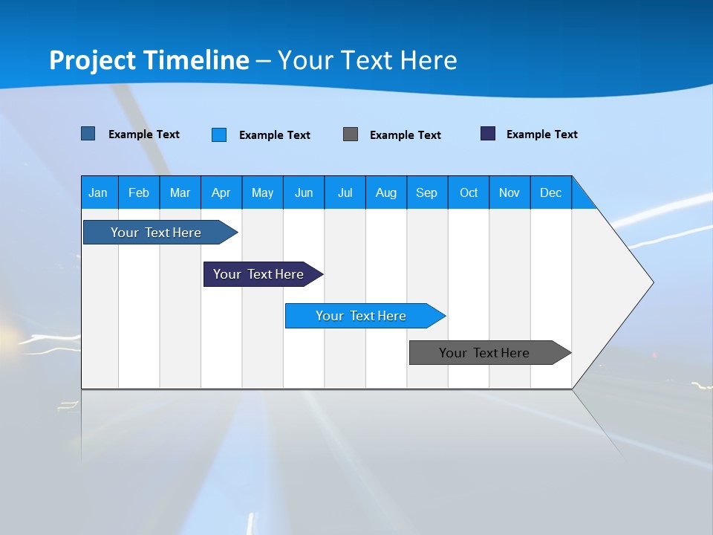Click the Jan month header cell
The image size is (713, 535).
(99, 192)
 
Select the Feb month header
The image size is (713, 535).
(139, 192)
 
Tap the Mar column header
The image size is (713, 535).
(180, 192)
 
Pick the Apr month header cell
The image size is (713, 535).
(221, 192)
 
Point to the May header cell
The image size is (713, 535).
(262, 192)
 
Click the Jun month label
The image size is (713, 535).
(304, 192)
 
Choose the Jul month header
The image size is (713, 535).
(345, 192)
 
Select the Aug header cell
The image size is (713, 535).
(386, 192)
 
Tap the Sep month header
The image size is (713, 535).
(427, 192)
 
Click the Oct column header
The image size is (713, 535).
(469, 192)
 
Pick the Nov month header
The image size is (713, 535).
(509, 192)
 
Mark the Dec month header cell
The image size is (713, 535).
(551, 192)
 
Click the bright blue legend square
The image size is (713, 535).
(219, 134)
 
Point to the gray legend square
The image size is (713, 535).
(351, 134)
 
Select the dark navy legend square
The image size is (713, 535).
(488, 134)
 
